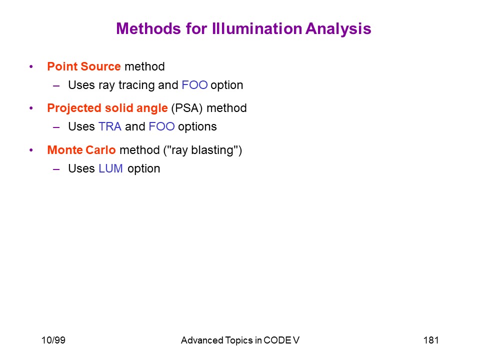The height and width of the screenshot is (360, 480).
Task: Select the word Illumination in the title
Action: pos(257,28)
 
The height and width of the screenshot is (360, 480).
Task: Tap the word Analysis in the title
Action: pos(338,29)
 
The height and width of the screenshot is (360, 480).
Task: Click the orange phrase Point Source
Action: pos(84,66)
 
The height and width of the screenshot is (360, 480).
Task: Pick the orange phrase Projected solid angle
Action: pos(107,108)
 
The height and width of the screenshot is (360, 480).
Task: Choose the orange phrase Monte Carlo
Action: pos(81,150)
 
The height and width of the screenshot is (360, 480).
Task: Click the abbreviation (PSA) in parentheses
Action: pos(187,108)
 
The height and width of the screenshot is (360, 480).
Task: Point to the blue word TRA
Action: pos(110,126)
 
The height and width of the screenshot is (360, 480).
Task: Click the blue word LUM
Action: pos(110,168)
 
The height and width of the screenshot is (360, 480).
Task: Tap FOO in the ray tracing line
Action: pos(194,85)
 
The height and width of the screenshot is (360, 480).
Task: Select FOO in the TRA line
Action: pos(161,126)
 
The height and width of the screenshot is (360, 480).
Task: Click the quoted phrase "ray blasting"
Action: pos(202,150)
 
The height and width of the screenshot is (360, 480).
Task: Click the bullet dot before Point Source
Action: pos(31,66)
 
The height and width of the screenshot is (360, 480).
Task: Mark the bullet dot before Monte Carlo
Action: pos(31,150)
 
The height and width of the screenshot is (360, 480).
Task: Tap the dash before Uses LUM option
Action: pos(56,169)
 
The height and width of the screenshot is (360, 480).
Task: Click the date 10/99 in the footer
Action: pos(53,340)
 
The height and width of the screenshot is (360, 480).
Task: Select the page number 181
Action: pos(431,340)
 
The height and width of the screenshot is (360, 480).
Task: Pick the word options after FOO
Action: pos(197,127)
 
